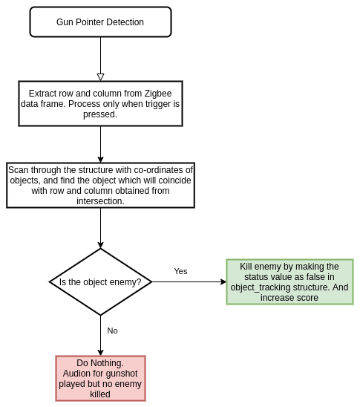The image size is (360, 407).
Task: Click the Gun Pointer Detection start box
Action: point(100,22)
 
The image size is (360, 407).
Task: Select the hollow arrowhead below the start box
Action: point(100,77)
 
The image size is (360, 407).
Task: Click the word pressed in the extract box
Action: point(100,114)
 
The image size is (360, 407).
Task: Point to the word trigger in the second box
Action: point(158,104)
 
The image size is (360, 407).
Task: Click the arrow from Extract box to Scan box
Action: point(100,145)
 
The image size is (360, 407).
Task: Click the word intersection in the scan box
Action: point(100,201)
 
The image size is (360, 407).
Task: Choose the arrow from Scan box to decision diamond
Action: point(100,228)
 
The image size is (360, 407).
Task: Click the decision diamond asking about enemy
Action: point(100,282)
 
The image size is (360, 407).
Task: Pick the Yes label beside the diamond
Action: point(180,271)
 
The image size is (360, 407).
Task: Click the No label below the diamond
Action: point(112,331)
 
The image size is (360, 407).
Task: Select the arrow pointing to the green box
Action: point(189,282)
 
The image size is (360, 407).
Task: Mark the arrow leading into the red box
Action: point(100,336)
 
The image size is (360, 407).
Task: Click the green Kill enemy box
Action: point(289,282)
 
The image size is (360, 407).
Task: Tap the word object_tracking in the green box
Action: point(261,287)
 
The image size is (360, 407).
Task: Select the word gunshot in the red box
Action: point(121,374)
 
